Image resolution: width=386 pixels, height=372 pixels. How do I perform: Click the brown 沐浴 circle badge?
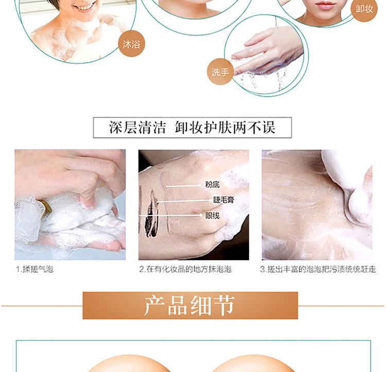pos(131,44)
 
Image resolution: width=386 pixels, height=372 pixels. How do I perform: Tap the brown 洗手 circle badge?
pos(220,72)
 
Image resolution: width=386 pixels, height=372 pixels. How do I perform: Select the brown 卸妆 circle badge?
pos(364,9)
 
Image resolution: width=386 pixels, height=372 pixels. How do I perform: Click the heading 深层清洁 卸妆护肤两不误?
pos(192,127)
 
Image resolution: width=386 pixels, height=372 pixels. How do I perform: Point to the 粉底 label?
pos(212,184)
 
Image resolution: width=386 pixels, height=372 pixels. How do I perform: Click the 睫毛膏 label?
pos(223,200)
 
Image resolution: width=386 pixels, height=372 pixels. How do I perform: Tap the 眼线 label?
pos(212,216)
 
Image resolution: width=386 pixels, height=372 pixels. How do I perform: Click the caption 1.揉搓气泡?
pos(34,269)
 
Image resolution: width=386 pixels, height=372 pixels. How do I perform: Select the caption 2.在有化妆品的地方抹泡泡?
pos(185,269)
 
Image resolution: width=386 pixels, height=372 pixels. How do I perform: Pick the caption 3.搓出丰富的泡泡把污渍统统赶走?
pos(318,269)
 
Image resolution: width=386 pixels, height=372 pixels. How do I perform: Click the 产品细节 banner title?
pos(189,306)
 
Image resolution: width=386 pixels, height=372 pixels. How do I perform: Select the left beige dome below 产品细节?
pos(129,363)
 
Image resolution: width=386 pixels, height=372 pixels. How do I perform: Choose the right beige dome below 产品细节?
pos(254,363)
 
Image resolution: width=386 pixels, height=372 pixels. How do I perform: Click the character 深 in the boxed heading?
pos(116,127)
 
